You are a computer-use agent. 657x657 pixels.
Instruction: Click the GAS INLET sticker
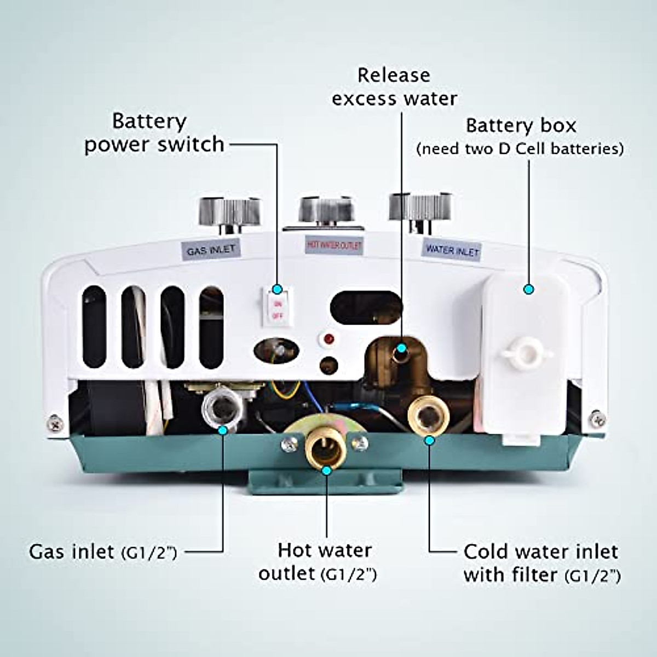tap(211, 250)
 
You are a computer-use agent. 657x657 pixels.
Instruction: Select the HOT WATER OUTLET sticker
tap(333, 245)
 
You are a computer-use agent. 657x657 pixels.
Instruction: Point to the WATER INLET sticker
tap(452, 250)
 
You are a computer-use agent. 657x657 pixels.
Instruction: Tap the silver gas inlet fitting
tap(222, 406)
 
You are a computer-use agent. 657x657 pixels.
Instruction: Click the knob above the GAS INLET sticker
tap(228, 211)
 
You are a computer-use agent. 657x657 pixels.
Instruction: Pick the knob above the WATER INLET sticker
tap(420, 208)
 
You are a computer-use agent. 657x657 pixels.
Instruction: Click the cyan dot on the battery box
tap(528, 289)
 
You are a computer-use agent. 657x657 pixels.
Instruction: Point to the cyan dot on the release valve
tap(401, 348)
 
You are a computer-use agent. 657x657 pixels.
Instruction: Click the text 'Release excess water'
tap(394, 87)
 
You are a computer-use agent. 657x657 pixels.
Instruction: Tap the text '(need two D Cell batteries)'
tap(520, 149)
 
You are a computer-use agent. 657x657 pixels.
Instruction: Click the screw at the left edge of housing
tap(54, 422)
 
